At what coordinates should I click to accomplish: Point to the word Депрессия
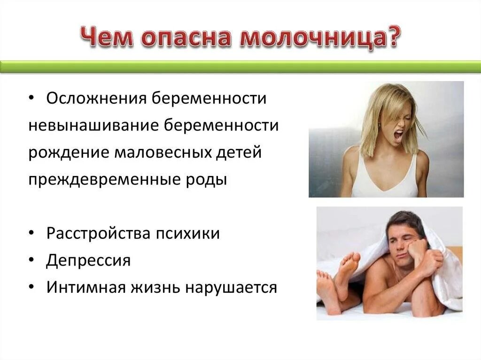tap(88, 260)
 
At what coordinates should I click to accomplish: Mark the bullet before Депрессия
tap(31, 260)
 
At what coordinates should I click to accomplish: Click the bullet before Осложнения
tap(31, 99)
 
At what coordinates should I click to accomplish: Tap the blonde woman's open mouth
tap(398, 136)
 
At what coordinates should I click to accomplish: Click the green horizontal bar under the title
tap(240, 66)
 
